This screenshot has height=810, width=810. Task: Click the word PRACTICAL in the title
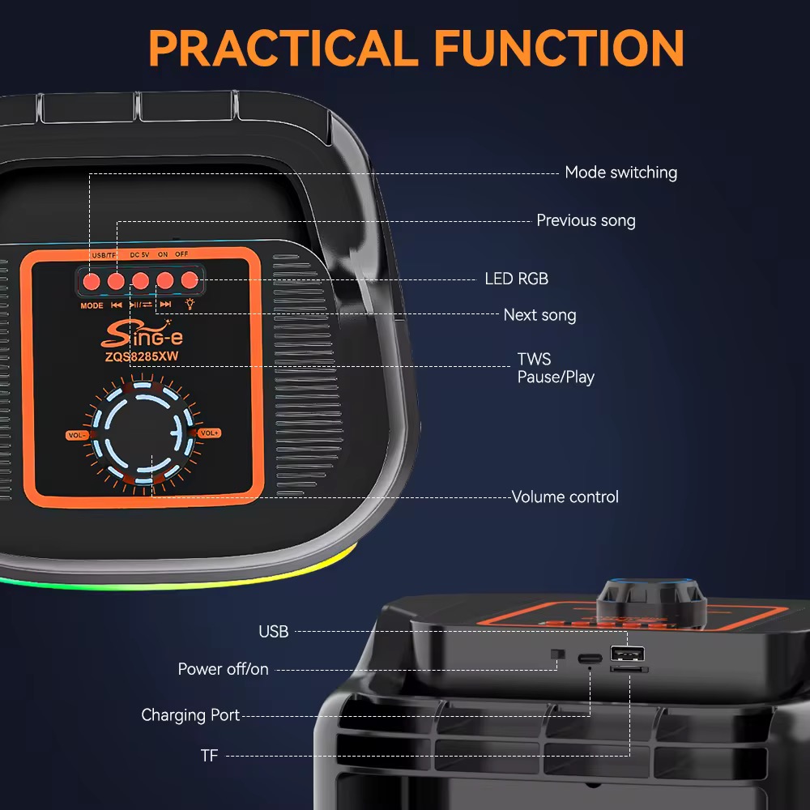point(283,48)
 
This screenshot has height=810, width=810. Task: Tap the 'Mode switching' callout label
point(621,173)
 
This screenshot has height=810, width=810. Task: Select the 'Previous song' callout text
point(586,220)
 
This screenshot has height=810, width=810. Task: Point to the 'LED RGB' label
point(516,279)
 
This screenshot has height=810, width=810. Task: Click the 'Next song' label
point(539,315)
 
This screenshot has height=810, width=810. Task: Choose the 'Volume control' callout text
point(565,497)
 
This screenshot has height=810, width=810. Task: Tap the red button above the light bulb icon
point(190,280)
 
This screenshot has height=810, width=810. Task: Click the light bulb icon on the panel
point(190,305)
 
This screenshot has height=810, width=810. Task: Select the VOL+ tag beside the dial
point(209,433)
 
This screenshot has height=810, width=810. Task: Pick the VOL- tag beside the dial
point(76,436)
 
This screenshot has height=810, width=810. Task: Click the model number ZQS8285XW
point(142,356)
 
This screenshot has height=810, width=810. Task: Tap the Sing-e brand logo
point(142,335)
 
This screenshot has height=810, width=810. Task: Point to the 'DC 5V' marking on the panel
point(139,254)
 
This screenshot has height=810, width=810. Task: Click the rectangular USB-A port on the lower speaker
point(627,654)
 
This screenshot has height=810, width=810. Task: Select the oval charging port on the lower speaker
point(590,659)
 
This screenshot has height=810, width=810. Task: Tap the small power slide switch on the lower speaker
point(557,654)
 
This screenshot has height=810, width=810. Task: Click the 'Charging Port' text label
point(190,715)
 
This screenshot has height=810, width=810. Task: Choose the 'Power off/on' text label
point(224,670)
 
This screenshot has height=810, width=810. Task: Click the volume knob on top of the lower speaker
point(651,599)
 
